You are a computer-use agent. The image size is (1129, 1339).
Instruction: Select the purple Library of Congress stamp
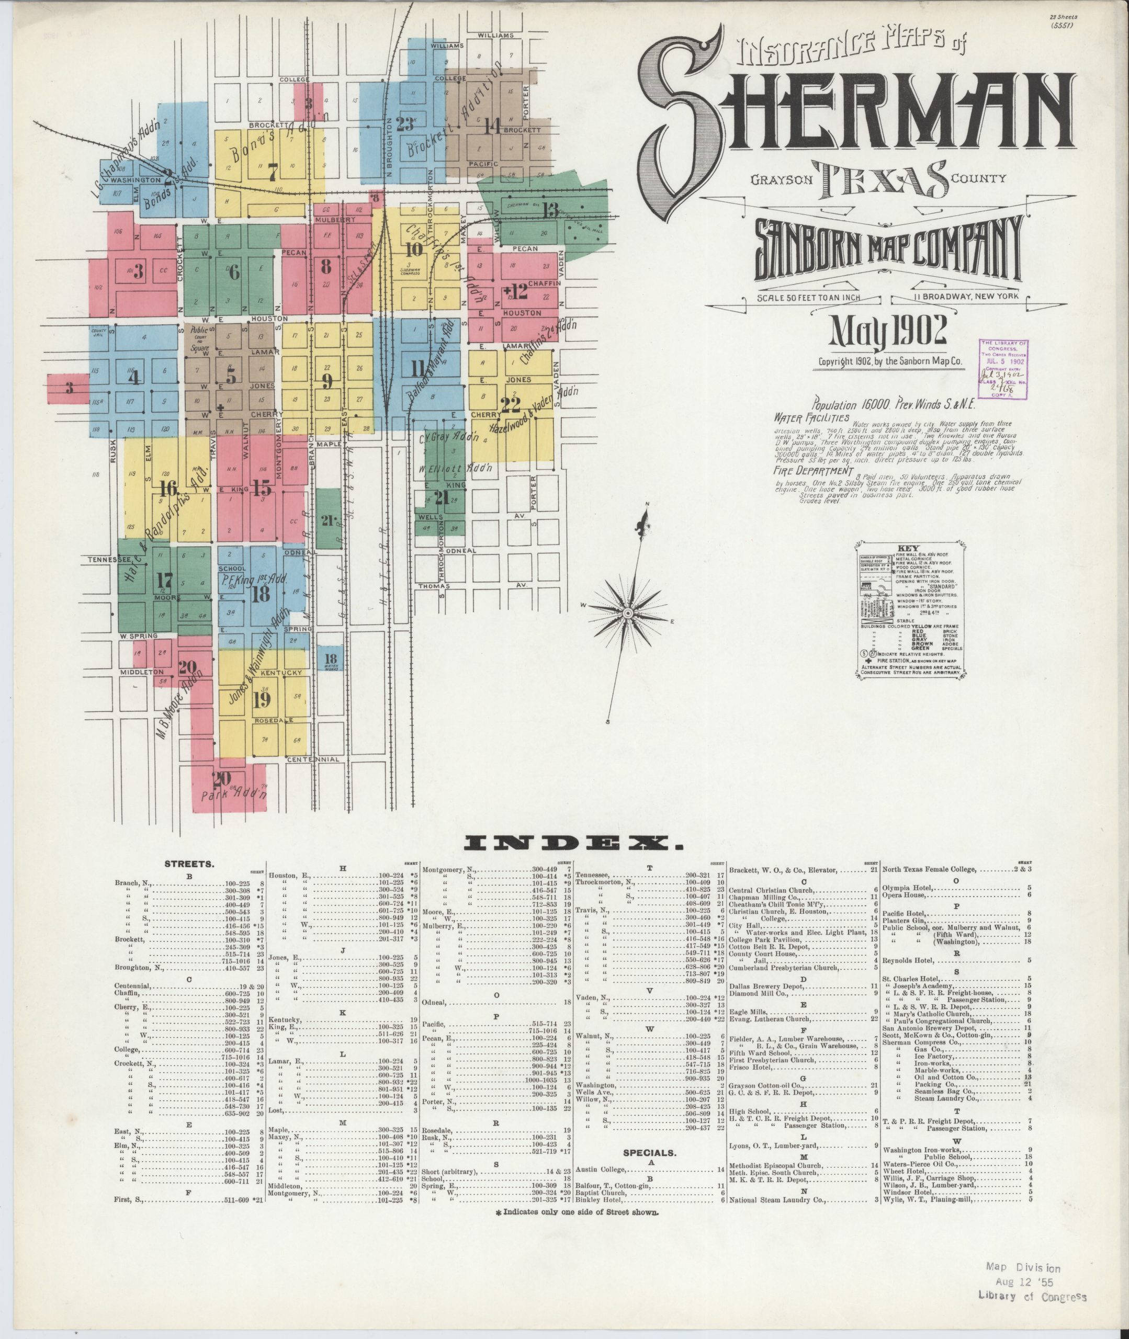1004,370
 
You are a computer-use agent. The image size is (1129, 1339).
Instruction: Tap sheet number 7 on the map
273,172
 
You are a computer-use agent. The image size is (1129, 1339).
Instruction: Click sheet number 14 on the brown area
492,126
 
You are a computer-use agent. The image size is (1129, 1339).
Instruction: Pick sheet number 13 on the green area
550,209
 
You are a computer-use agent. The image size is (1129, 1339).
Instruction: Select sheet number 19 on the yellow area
261,700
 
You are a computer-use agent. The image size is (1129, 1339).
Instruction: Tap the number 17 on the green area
164,580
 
